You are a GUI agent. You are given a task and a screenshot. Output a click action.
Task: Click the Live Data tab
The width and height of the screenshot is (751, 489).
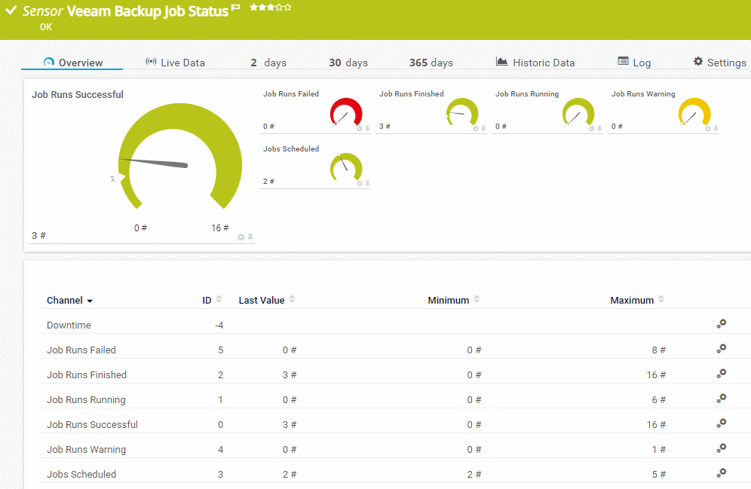click(x=175, y=63)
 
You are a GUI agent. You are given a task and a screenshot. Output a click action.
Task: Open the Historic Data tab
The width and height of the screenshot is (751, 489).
click(x=535, y=63)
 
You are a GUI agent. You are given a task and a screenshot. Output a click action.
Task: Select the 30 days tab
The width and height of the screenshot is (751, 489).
click(x=348, y=63)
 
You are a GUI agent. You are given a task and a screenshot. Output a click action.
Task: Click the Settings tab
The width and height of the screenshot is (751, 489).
click(x=719, y=63)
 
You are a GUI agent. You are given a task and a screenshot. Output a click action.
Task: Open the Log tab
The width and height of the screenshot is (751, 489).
click(x=634, y=63)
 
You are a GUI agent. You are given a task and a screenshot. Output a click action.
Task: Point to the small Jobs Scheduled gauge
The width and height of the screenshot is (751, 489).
click(x=346, y=168)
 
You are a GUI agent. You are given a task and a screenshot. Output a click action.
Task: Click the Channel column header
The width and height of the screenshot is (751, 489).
click(x=65, y=300)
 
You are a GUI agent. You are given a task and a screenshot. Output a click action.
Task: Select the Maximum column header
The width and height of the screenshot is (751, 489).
click(x=632, y=300)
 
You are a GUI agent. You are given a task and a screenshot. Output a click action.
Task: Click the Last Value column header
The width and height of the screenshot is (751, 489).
click(x=262, y=300)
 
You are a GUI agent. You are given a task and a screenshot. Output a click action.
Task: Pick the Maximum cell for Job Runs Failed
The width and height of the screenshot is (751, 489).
click(x=658, y=350)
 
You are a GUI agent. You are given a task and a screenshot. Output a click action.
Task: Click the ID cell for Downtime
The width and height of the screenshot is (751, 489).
click(x=219, y=325)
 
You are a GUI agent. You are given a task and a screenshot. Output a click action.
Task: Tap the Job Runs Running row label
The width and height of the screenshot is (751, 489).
click(x=86, y=399)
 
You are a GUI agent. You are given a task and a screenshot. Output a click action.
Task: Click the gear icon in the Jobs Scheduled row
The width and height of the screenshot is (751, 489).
click(x=722, y=473)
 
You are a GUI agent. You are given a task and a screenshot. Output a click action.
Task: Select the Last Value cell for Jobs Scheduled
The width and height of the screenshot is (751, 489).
click(x=290, y=474)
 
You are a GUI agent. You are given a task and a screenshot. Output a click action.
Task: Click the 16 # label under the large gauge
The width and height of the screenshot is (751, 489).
click(x=220, y=228)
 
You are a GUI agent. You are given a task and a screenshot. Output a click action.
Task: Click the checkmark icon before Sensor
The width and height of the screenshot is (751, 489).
click(x=11, y=11)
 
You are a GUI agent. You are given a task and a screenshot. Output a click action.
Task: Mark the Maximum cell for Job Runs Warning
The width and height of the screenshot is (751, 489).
click(x=658, y=449)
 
